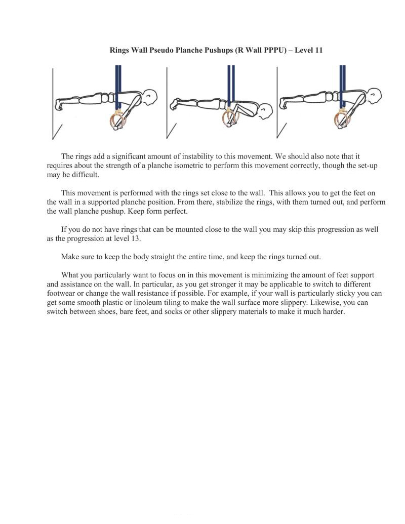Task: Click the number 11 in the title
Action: (x=318, y=50)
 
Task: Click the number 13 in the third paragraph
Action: (x=135, y=238)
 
